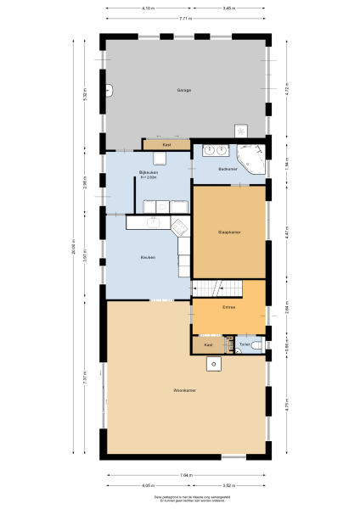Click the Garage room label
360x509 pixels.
(184, 90)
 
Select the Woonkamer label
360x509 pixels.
(184, 390)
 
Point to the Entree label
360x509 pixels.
(228, 306)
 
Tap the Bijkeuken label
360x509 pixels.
(150, 173)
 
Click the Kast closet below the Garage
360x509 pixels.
(166, 145)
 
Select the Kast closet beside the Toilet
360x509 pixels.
(207, 345)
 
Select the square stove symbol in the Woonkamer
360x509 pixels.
(215, 364)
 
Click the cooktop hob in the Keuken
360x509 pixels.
(180, 226)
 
